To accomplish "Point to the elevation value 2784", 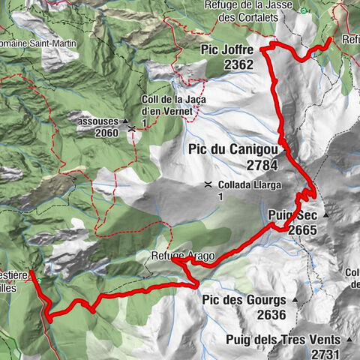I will coord(260,165).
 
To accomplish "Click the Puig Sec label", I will coord(292,215).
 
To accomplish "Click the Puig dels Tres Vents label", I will coord(287,339).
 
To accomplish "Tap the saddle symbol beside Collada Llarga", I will coord(206,184).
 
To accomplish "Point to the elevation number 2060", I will coord(107,133).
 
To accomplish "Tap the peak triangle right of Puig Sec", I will coord(326,216).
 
